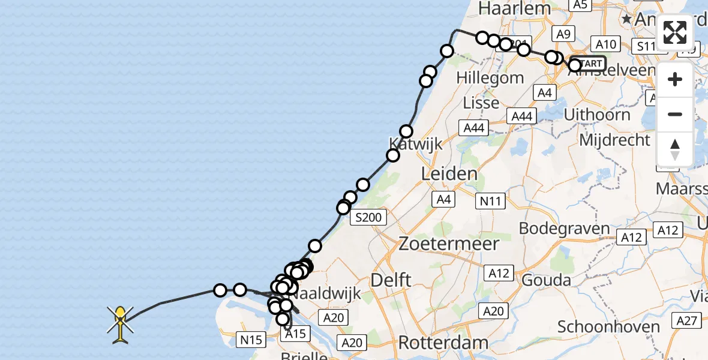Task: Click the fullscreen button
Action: pyautogui.click(x=675, y=32)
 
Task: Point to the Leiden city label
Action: pyautogui.click(x=450, y=174)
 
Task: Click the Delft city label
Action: pyautogui.click(x=391, y=280)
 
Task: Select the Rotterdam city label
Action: pyautogui.click(x=443, y=343)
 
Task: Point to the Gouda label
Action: pyautogui.click(x=546, y=280)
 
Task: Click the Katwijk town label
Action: pyautogui.click(x=415, y=144)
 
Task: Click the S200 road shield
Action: pyautogui.click(x=368, y=217)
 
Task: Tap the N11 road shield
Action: pyautogui.click(x=490, y=202)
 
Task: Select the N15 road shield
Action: pyautogui.click(x=251, y=340)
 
